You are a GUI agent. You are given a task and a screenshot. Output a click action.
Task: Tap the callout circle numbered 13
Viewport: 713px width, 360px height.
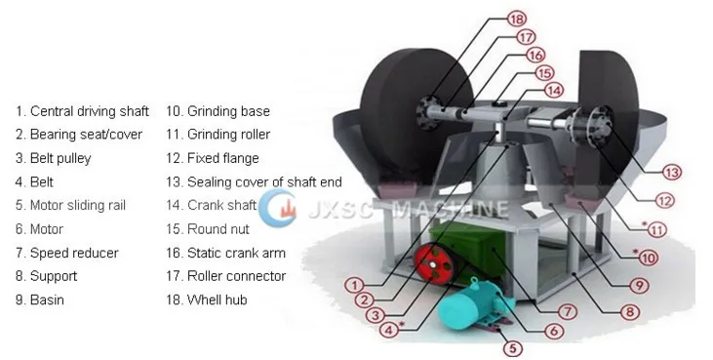click(670, 173)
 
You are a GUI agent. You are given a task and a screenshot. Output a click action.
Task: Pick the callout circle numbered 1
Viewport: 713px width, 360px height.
click(357, 284)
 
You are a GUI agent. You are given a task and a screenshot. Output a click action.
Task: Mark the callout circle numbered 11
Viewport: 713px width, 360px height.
click(656, 230)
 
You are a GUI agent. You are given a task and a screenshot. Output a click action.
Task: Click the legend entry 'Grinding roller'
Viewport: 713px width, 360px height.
click(218, 135)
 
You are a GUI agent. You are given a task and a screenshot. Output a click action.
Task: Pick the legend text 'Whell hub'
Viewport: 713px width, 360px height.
click(206, 300)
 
